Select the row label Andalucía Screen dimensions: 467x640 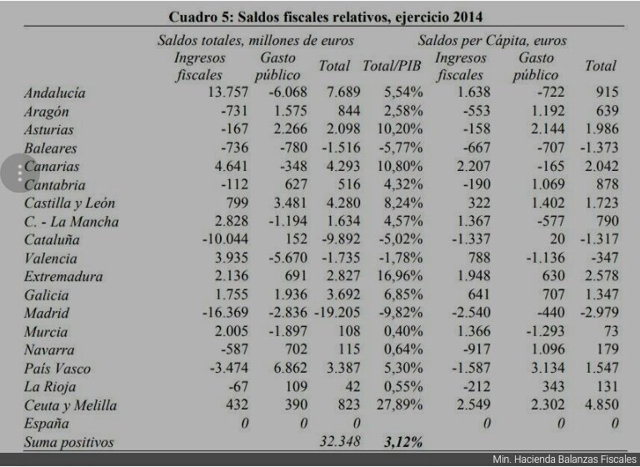55,93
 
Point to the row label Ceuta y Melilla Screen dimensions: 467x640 70,406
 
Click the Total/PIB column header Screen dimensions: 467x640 392,66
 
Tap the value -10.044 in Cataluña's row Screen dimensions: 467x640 225,240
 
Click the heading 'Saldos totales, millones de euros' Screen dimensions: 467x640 256,40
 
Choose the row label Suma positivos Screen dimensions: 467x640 68,442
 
